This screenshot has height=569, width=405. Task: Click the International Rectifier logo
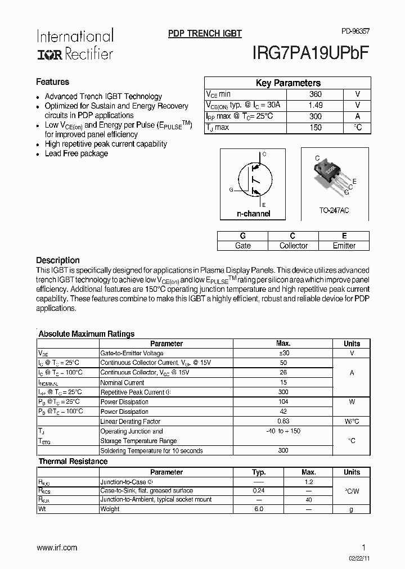click(75, 44)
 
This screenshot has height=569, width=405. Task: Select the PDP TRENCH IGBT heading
click(205, 34)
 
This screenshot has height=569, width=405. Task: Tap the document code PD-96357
click(355, 33)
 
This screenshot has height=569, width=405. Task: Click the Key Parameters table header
click(287, 83)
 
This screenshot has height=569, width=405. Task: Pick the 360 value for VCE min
click(315, 94)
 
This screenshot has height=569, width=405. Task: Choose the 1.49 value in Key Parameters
click(315, 105)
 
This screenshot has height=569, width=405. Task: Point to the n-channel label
click(253, 214)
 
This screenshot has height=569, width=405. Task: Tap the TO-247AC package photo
click(332, 175)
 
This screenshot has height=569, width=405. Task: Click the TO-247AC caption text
click(334, 210)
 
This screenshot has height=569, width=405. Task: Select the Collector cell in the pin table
click(293, 246)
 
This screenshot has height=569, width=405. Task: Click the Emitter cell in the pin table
click(344, 246)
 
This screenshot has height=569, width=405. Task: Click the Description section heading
click(58, 260)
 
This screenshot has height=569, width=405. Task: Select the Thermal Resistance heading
click(73, 461)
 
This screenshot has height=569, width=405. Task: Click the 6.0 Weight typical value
click(258, 509)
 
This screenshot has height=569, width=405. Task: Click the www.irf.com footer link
click(57, 547)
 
